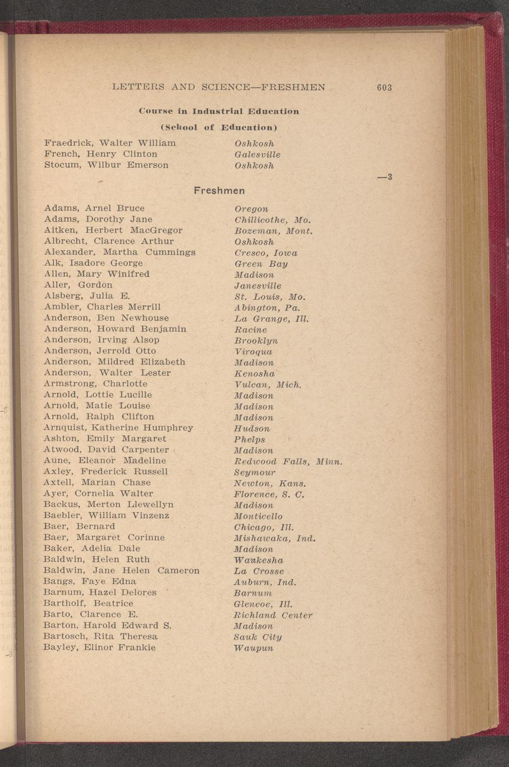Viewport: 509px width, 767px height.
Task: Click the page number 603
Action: pyautogui.click(x=384, y=87)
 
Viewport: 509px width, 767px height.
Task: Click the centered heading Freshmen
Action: pyautogui.click(x=219, y=191)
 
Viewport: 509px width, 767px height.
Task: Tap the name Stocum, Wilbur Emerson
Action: pyautogui.click(x=106, y=165)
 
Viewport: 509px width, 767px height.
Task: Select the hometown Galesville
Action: pyautogui.click(x=257, y=155)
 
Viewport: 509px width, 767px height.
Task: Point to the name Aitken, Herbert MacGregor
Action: pyautogui.click(x=113, y=230)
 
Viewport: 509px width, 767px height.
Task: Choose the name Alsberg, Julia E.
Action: pyautogui.click(x=87, y=296)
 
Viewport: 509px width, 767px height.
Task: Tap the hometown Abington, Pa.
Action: pyautogui.click(x=267, y=307)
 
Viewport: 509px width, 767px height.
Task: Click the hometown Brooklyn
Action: pyautogui.click(x=256, y=341)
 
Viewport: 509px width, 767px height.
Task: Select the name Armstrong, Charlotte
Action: pyautogui.click(x=96, y=384)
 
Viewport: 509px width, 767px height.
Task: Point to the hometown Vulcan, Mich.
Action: pyautogui.click(x=268, y=385)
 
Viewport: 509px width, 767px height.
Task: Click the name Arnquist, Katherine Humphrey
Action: pyautogui.click(x=118, y=427)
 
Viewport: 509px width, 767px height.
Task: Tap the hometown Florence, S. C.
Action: pyautogui.click(x=270, y=494)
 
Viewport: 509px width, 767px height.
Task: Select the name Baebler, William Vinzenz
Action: pyautogui.click(x=107, y=515)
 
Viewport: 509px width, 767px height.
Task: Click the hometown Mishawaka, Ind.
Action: pyautogui.click(x=275, y=539)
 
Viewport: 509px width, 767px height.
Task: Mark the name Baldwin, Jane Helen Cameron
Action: pyautogui.click(x=121, y=570)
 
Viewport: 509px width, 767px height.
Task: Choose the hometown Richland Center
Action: pyautogui.click(x=273, y=615)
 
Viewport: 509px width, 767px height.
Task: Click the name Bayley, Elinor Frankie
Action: pyautogui.click(x=99, y=648)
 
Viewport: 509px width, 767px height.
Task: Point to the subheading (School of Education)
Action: pyautogui.click(x=219, y=127)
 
